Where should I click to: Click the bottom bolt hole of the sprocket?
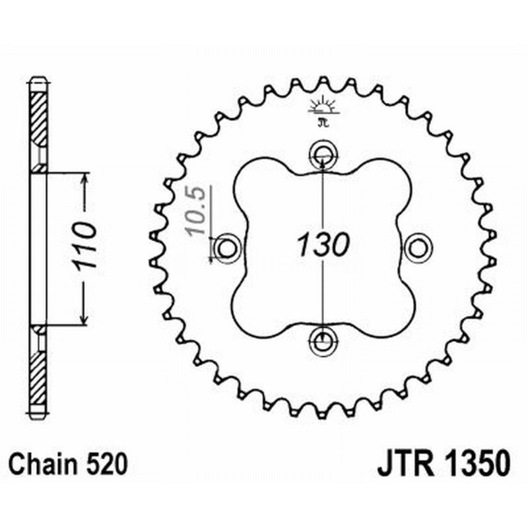coord(322,341)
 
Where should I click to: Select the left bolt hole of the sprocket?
coord(226,248)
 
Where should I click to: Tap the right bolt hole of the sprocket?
coord(417,248)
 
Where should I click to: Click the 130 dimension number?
coord(321,246)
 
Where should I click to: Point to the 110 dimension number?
coord(85,245)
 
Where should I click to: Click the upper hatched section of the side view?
coord(38,119)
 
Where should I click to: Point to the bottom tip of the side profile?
coord(38,415)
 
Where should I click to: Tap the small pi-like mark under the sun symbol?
coord(322,122)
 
